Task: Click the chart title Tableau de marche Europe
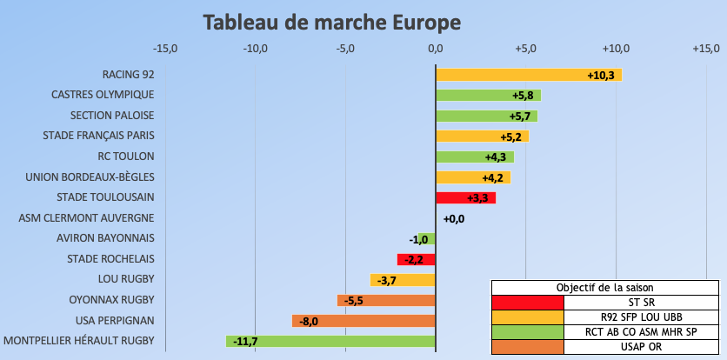click(x=332, y=21)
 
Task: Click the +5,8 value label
click(x=521, y=96)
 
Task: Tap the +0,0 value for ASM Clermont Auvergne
click(x=454, y=219)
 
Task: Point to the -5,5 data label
click(x=353, y=301)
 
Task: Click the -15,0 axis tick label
click(x=164, y=48)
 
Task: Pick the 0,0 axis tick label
click(x=435, y=48)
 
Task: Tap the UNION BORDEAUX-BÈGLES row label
click(x=90, y=177)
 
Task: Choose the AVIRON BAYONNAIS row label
click(x=105, y=237)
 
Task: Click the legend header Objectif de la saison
click(x=605, y=287)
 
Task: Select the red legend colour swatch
click(x=527, y=303)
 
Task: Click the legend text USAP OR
click(x=641, y=347)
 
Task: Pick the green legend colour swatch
click(x=527, y=332)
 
